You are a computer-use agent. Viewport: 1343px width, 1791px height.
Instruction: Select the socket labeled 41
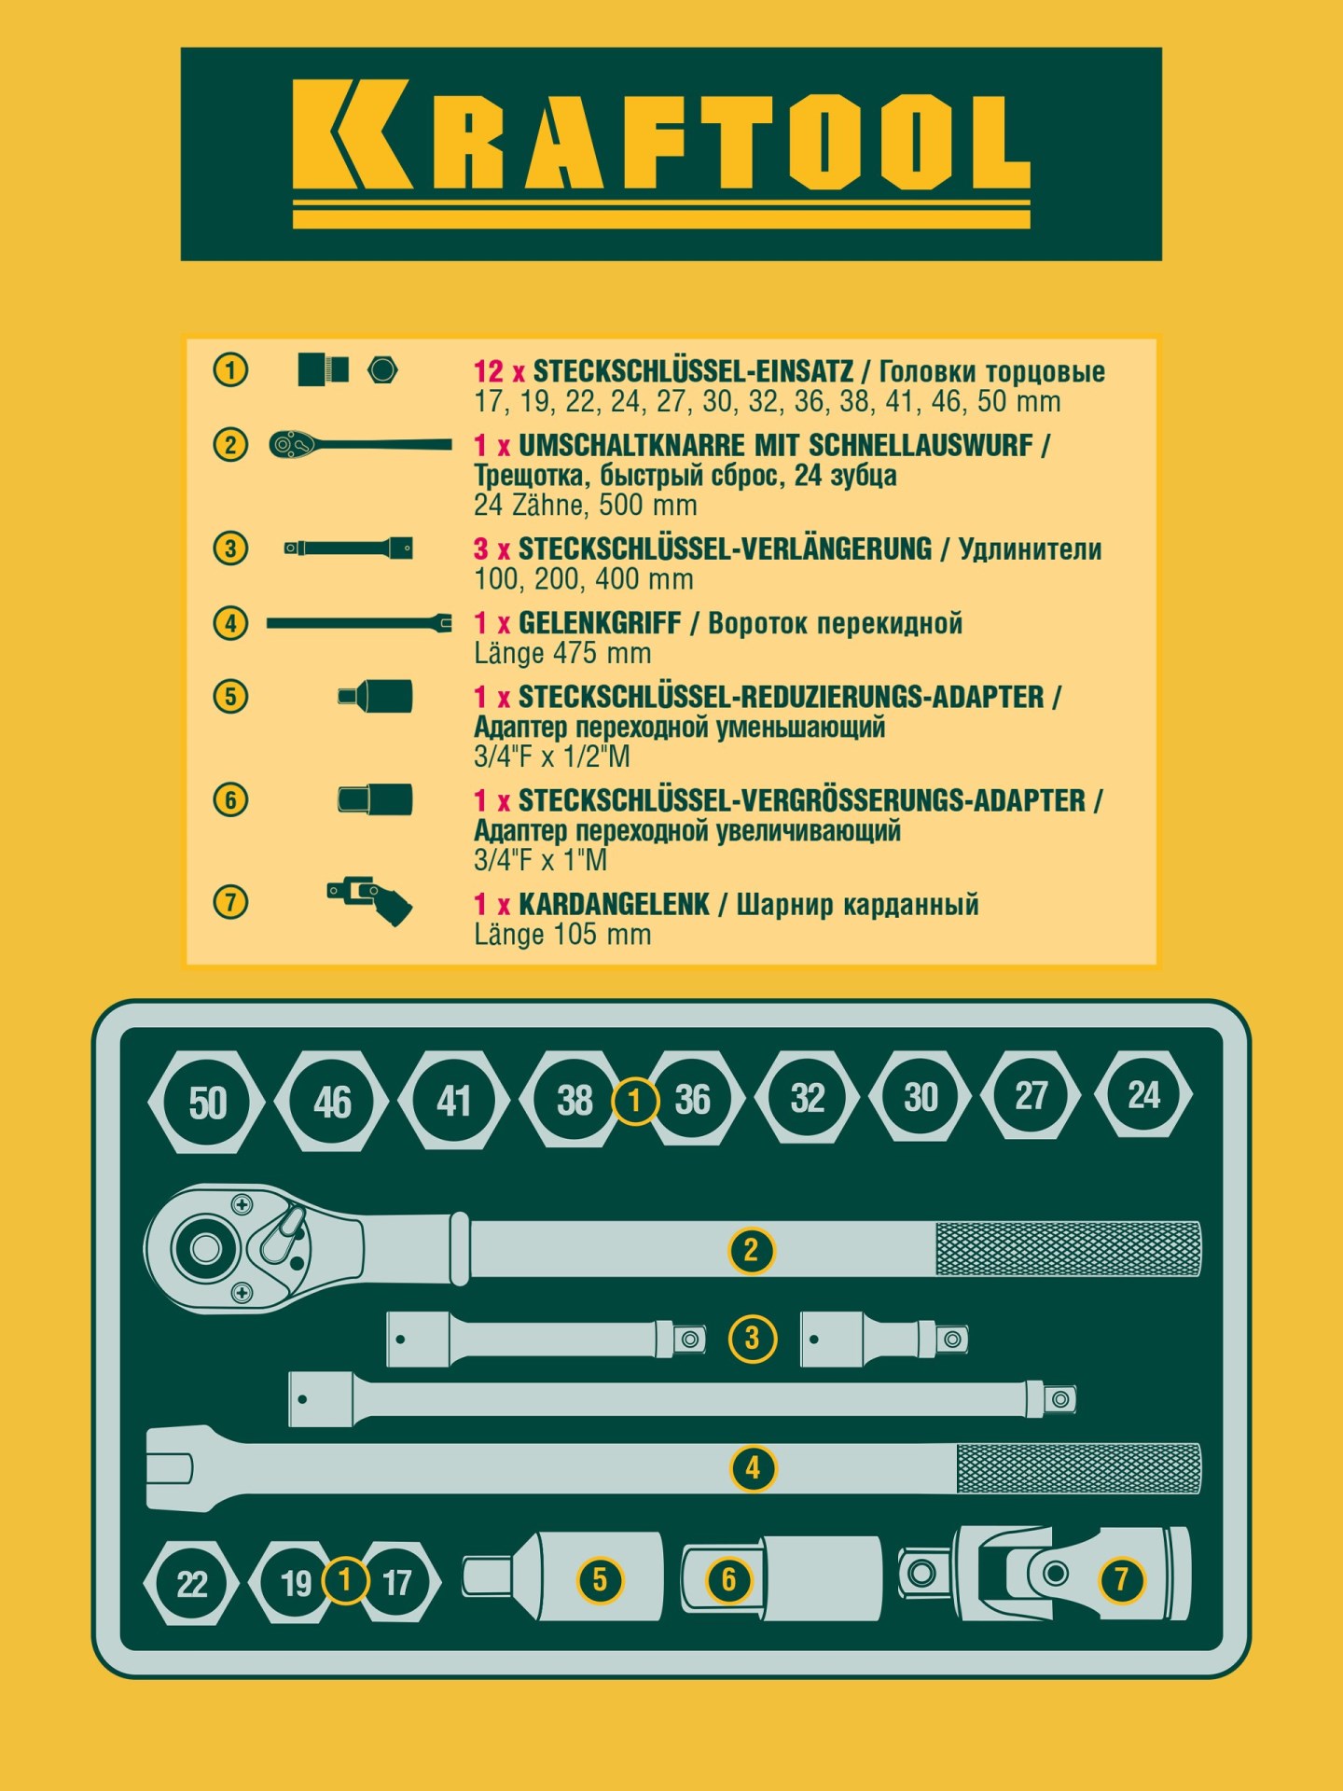tap(454, 1101)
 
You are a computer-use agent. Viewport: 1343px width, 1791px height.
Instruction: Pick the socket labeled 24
tap(1143, 1094)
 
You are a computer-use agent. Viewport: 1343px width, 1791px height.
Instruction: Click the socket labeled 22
tap(192, 1583)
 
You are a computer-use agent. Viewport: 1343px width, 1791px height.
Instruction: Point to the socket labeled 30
tap(921, 1097)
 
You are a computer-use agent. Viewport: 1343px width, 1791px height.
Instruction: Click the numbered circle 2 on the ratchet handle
tap(751, 1250)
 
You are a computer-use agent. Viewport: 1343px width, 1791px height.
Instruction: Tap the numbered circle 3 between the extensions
tap(752, 1339)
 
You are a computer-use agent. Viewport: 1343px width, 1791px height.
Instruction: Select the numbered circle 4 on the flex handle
tap(753, 1468)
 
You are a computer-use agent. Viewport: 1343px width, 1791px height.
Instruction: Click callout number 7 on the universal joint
tap(1121, 1578)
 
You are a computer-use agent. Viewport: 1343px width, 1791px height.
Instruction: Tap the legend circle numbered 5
tap(230, 696)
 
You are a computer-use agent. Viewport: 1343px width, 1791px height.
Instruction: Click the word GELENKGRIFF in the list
tap(600, 623)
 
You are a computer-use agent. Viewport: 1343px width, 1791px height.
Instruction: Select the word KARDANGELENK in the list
tap(614, 904)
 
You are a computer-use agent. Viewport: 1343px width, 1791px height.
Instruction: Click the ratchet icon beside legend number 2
tap(360, 445)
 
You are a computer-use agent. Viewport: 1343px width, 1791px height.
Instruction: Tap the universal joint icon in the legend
tap(369, 901)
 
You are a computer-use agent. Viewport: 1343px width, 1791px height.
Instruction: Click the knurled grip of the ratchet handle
tap(1068, 1249)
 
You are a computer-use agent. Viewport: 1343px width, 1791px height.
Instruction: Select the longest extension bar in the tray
tap(682, 1399)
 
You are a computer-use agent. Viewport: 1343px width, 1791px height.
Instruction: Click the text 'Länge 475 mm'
tap(562, 653)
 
